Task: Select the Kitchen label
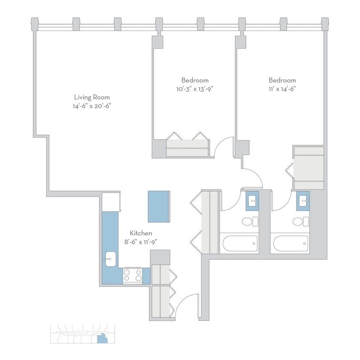(141, 233)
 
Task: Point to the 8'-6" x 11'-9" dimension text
(141, 242)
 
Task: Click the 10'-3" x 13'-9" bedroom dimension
(195, 89)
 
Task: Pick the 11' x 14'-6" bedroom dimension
(282, 89)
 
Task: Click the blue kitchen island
(158, 206)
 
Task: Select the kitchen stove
(133, 276)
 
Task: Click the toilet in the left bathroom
(249, 221)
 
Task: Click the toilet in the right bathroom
(300, 221)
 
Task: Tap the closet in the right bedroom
(309, 167)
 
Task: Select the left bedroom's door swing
(224, 147)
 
